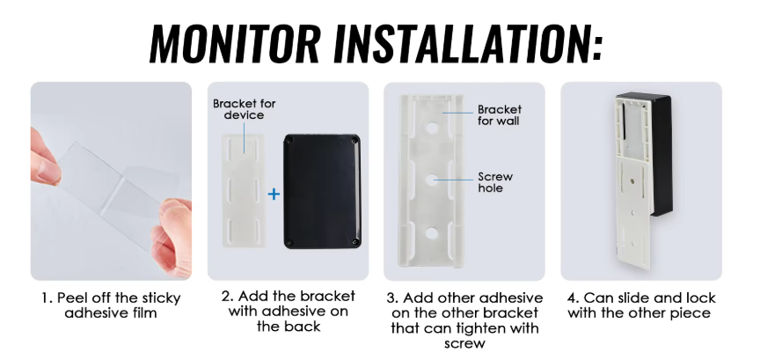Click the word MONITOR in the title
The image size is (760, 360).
pos(235,42)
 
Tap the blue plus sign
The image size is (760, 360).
pos(274,194)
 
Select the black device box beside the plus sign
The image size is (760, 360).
pos(322,191)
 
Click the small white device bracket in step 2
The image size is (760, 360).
pos(244,191)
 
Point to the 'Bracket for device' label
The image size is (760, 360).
pos(245,109)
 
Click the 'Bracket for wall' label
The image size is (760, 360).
pos(500,115)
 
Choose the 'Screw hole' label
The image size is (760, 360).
pos(495,182)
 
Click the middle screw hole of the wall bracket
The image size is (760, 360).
pos(431,180)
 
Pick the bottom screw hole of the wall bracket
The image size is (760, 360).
pos(431,233)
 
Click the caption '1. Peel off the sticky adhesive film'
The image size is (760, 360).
pos(111,305)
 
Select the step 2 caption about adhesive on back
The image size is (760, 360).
pos(289,311)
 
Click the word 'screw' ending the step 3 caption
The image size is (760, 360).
pos(464,343)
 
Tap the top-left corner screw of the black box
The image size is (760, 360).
pos(290,141)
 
